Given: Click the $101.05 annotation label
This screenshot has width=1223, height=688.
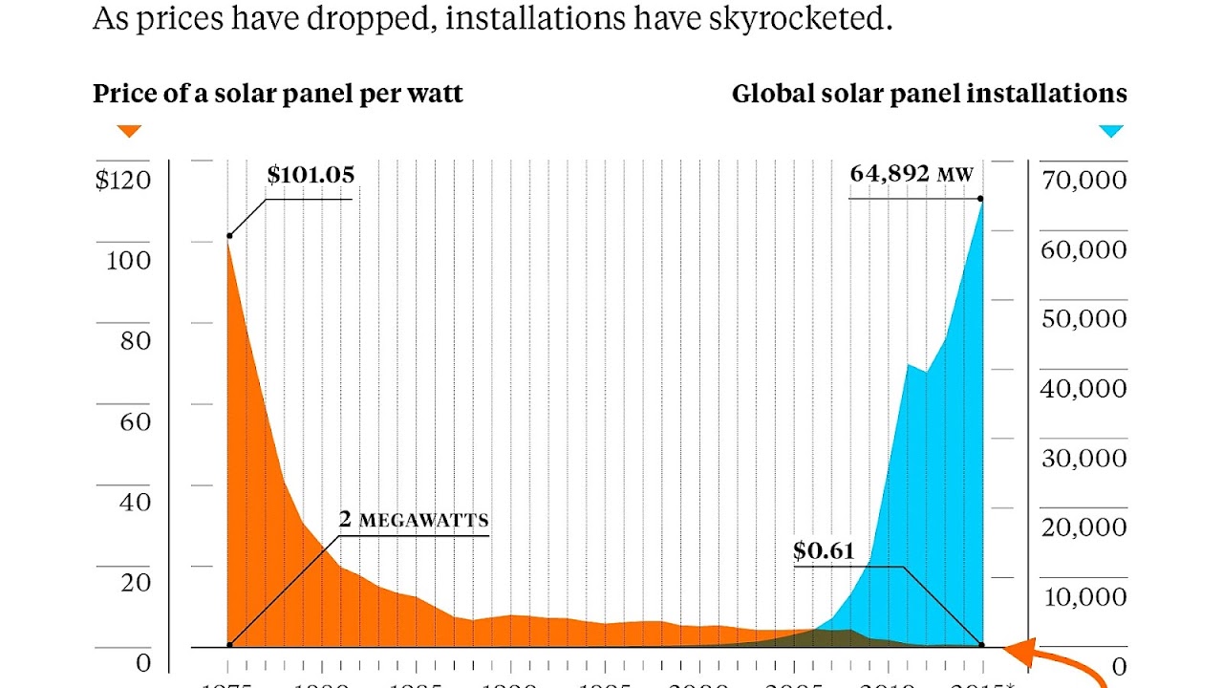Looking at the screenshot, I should (311, 175).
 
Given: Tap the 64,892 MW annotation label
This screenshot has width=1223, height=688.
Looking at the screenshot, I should (911, 174).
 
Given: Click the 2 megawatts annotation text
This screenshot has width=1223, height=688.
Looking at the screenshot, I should (414, 520).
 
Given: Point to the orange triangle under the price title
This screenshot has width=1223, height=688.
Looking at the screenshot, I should (129, 131).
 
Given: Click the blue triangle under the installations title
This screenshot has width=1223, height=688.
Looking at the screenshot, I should (1110, 131).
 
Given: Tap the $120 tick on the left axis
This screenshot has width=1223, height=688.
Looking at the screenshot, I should (123, 180).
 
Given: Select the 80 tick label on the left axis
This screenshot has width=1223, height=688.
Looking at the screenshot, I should (136, 340).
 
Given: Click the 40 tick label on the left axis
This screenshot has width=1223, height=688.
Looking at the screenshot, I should (136, 501).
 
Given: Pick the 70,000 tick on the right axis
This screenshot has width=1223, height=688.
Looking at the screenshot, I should (1083, 180).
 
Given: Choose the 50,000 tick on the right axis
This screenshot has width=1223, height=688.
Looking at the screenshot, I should (1083, 318).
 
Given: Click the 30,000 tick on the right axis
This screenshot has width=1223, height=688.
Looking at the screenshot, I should (1083, 458).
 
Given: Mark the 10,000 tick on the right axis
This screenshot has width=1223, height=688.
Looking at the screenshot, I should (1083, 597).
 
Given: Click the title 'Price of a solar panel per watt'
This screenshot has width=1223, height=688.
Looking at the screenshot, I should (277, 94).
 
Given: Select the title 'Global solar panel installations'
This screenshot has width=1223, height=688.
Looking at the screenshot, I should (929, 94).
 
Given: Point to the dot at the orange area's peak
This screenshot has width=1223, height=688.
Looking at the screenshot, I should (229, 235).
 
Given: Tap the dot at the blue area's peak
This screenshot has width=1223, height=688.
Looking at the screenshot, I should (981, 199).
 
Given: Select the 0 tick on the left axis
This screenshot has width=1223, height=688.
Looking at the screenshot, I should (143, 663).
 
